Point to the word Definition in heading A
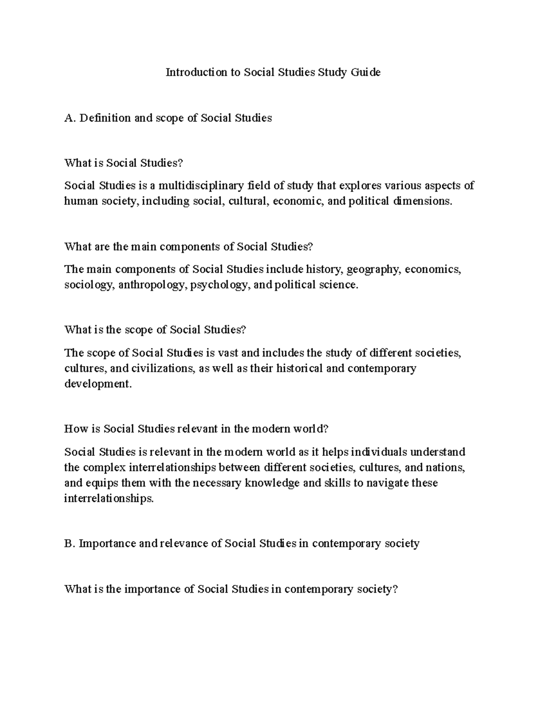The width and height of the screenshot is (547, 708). pos(104,118)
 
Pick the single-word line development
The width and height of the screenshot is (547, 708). pos(98,384)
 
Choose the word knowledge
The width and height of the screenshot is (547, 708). pos(273,483)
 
